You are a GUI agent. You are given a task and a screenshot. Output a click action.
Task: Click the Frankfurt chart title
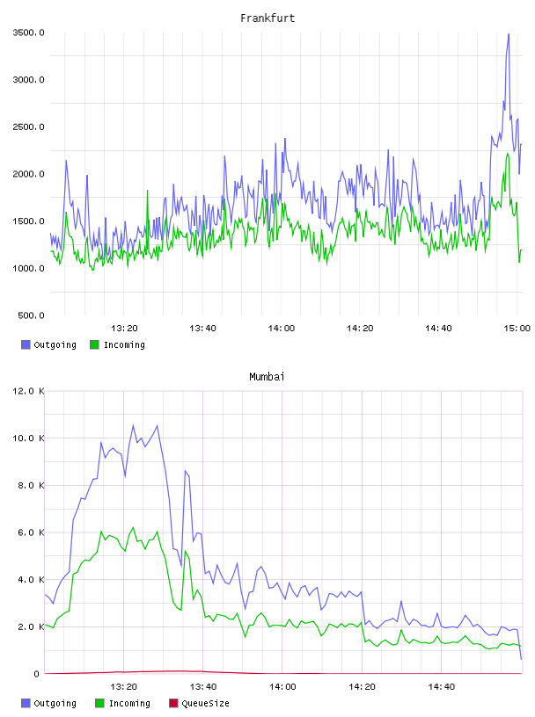pos(267,18)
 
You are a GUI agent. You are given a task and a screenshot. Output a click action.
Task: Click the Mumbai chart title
pos(267,377)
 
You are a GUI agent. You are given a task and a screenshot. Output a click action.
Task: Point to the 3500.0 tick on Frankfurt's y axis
pos(28,33)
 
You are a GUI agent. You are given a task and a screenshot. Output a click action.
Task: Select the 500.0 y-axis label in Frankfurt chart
pos(31,315)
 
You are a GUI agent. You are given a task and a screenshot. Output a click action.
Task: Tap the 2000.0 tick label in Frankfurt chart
pos(28,174)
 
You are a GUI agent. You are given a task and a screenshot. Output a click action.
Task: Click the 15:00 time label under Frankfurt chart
pos(517,329)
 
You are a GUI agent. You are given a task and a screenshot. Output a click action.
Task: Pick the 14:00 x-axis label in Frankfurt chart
pos(282,329)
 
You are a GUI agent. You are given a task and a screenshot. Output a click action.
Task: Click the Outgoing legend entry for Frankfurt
pos(48,344)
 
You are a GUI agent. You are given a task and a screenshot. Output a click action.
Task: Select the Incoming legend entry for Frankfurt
pos(117,344)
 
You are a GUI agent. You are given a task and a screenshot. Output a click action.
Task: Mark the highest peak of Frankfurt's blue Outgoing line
pos(509,33)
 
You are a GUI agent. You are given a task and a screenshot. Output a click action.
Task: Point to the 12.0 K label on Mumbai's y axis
pos(28,391)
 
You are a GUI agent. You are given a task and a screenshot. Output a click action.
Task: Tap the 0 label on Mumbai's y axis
pos(36,674)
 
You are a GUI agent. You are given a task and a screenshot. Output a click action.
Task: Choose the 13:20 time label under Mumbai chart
pos(124,687)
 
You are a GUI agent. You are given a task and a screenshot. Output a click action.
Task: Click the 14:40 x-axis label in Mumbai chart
pos(442,687)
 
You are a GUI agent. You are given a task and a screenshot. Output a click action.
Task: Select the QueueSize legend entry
pos(199,703)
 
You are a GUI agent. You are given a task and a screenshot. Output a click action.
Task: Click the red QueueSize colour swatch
pos(173,703)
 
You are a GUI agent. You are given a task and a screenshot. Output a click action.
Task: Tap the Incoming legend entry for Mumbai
pos(122,703)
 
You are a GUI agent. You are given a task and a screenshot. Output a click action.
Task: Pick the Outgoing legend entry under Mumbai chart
pos(48,703)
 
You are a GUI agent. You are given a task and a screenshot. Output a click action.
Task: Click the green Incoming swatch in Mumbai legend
pos(99,703)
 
